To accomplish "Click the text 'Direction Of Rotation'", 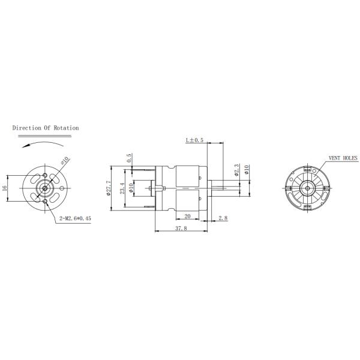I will coord(46,128).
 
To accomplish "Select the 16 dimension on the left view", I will coord(4,188).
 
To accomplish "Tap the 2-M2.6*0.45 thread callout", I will coord(76,219).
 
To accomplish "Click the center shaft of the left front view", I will coord(45,188).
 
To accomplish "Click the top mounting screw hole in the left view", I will coord(45,174).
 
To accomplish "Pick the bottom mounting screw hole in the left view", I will coord(45,202).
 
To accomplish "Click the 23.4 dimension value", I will coord(122,188).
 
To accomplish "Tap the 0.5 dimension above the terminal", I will coord(129,158).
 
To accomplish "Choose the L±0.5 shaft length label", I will coord(195,140).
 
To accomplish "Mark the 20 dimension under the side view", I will coord(187,216).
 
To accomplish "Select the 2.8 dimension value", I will coord(223,218).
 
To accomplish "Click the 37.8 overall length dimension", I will coord(180,228).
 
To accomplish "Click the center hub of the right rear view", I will coord(308,188).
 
